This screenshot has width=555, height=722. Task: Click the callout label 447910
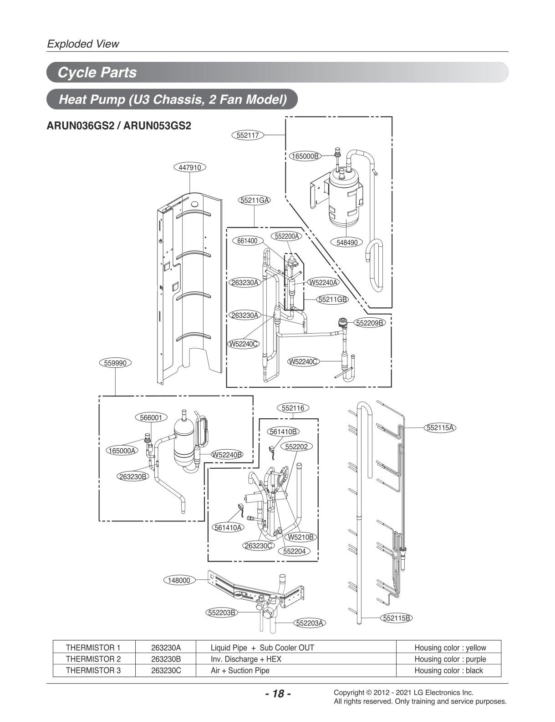pos(190,167)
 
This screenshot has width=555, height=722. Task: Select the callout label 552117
pos(248,135)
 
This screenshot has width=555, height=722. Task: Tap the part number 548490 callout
pos(347,242)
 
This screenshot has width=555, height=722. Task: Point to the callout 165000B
pos(305,156)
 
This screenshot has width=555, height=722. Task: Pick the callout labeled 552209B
pos(370,323)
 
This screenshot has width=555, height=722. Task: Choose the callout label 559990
pos(115,363)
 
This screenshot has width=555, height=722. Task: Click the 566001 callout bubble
pos(151,417)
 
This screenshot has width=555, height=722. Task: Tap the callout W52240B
pos(227,455)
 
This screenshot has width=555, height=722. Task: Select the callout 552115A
pos(441,427)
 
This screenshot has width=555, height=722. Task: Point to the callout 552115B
pos(397,618)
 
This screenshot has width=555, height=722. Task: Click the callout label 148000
pos(179,580)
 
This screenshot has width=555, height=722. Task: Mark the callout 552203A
pos(310,623)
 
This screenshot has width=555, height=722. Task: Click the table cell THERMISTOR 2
pos(93,659)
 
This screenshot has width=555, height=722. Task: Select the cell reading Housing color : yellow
pos(450,647)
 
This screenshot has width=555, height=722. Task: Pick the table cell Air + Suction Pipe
pos(240,670)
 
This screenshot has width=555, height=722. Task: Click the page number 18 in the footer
pos(277,694)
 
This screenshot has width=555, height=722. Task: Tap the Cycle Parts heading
pos(97,72)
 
